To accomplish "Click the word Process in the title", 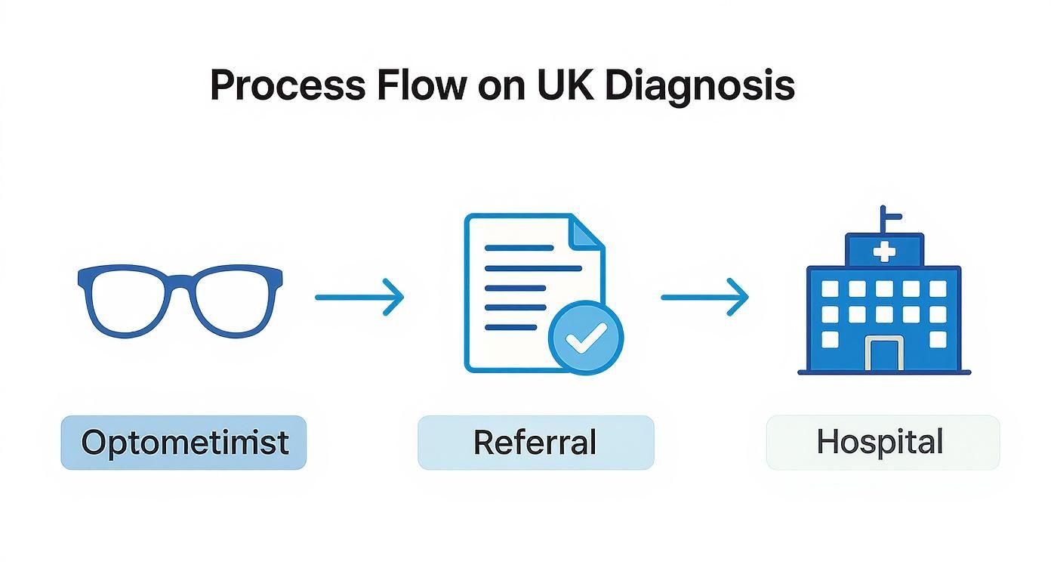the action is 288,85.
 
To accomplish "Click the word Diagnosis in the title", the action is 700,88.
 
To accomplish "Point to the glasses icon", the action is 180,301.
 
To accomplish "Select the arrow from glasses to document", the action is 359,297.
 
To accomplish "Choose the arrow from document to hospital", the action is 704,297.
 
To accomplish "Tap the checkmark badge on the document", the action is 586,338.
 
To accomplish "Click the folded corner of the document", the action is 586,231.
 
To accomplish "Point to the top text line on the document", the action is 519,248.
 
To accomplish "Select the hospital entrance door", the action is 884,354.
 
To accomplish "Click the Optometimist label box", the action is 183,442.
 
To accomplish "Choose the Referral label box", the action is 536,442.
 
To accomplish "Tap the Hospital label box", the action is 883,442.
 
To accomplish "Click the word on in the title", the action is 501,89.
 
